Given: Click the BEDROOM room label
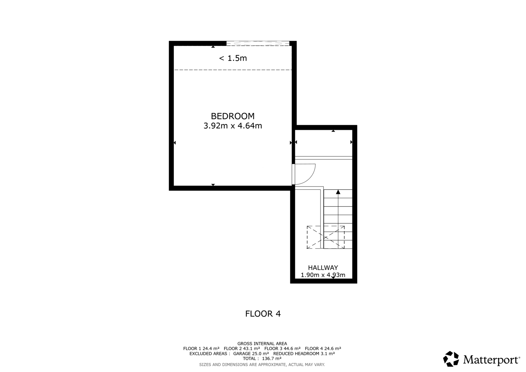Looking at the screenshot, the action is coord(232,116).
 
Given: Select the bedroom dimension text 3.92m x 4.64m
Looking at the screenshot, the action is coord(232,126).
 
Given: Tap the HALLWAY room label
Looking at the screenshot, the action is coord(323,268).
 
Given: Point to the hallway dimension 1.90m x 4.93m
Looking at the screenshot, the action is coord(323,275).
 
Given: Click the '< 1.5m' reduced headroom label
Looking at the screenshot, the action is coord(233,58).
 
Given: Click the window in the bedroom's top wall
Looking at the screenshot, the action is coord(258,43).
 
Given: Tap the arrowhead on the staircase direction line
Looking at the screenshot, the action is coord(338,192).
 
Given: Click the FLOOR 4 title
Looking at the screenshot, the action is coord(263,314).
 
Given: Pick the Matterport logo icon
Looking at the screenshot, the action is coord(451,359).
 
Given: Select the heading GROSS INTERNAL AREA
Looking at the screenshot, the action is coord(262,344).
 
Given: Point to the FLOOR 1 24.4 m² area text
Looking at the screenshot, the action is coord(201,349).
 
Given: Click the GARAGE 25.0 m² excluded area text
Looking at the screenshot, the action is coord(251,354).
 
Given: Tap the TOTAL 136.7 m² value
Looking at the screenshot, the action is coord(262,359).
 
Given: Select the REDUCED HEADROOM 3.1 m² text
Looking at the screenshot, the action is coord(304,354).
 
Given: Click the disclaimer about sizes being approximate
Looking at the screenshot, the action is coord(262,365).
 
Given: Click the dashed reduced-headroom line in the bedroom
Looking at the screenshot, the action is coord(233,70).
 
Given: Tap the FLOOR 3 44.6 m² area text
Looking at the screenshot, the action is coord(282,349).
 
